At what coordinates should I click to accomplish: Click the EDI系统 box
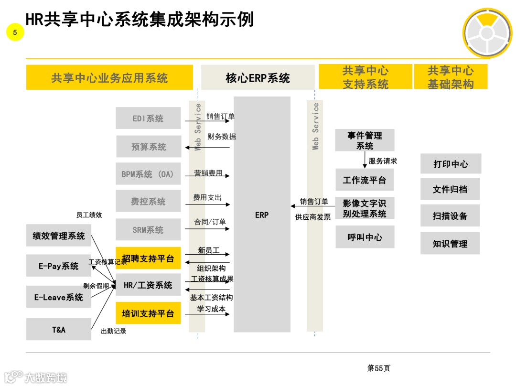coord(148,118)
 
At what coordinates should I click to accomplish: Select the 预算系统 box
coord(149,147)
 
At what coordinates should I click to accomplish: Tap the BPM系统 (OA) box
coord(148,174)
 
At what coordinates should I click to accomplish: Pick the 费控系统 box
coord(148,202)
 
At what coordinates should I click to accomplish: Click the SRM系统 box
coord(148,230)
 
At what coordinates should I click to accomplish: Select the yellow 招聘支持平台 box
coord(148,258)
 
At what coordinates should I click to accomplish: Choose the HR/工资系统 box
coord(148,285)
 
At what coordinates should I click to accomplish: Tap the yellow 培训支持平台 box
coord(148,313)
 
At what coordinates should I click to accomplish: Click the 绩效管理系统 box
coord(59,236)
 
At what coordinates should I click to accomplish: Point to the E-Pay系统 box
coord(59,266)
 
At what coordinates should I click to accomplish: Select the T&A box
coord(59,329)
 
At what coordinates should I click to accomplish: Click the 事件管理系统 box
coord(365,140)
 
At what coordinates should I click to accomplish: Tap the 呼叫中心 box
coord(365,237)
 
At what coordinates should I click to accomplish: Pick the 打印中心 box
coord(451,164)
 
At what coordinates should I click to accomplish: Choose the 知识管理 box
coord(450,244)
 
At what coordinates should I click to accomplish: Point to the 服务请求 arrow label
coord(383,161)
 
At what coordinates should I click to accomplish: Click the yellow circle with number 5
coord(15,32)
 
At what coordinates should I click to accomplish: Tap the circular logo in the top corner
coord(486,33)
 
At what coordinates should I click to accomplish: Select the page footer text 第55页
coord(378,368)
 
